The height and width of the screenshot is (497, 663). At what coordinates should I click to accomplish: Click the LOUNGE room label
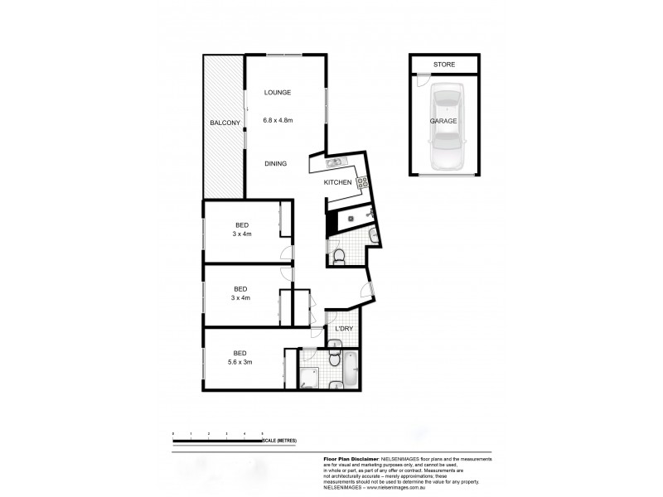[x=277, y=92]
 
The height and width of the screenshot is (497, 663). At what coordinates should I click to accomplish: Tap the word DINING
[x=276, y=163]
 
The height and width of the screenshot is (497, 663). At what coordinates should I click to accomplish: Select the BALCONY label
[x=225, y=123]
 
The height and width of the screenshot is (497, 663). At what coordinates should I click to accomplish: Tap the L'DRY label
[x=344, y=329]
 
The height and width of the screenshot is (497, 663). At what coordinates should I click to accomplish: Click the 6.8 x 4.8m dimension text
[x=278, y=121]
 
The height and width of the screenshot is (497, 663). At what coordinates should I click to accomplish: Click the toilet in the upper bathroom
[x=337, y=254]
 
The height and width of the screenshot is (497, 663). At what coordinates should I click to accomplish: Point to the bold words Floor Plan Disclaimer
[x=350, y=458]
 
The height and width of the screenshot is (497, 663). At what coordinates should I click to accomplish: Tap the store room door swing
[x=423, y=81]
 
